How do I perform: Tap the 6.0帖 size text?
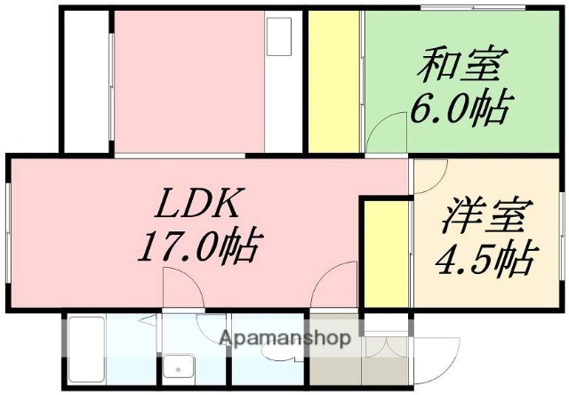coord(460,108)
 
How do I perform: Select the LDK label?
coord(197,206)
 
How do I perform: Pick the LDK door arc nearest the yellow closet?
coord(339,285)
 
